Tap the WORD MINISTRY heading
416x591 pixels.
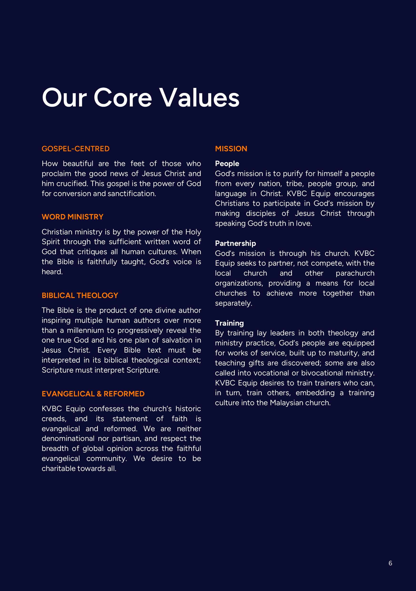(72, 217)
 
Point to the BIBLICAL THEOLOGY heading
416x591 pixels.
(80, 295)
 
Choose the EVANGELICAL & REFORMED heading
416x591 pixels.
(93, 394)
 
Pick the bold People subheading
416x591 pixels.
(227, 163)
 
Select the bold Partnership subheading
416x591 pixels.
(236, 243)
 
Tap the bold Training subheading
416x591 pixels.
(229, 323)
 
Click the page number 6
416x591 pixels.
(390, 563)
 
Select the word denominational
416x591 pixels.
(68, 438)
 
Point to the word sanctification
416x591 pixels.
(132, 194)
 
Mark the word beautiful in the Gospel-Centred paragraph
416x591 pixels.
(78, 163)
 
